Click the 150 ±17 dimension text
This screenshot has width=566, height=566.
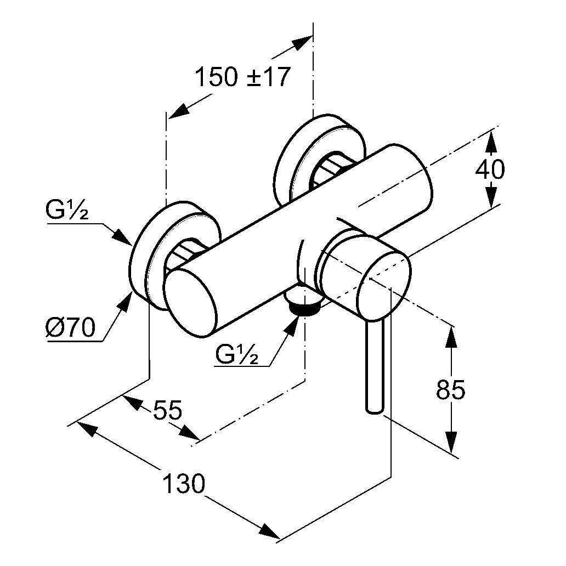click(x=242, y=77)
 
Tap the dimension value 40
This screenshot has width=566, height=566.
click(x=490, y=169)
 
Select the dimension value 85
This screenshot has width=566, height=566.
click(x=451, y=390)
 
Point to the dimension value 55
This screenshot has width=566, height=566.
click(x=167, y=410)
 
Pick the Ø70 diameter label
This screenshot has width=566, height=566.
click(x=70, y=329)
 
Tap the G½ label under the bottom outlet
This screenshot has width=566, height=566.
click(x=236, y=355)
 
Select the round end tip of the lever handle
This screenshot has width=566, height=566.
click(x=373, y=408)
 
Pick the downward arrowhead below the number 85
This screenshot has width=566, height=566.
click(x=451, y=442)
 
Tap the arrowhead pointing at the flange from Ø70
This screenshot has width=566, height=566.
click(x=127, y=301)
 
